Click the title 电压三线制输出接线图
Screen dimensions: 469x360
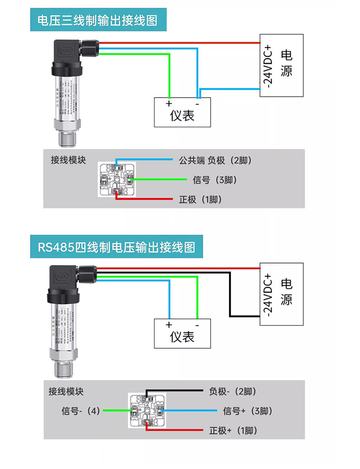pos(97,21)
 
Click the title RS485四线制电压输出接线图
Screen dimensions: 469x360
pos(116,247)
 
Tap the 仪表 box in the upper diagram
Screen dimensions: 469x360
pos(182,112)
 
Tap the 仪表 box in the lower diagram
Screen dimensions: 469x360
pos(182,333)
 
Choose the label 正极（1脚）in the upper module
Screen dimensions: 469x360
pos(201,200)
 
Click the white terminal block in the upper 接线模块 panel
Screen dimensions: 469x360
pos(117,180)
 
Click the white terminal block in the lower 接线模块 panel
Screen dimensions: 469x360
pos(147,411)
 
